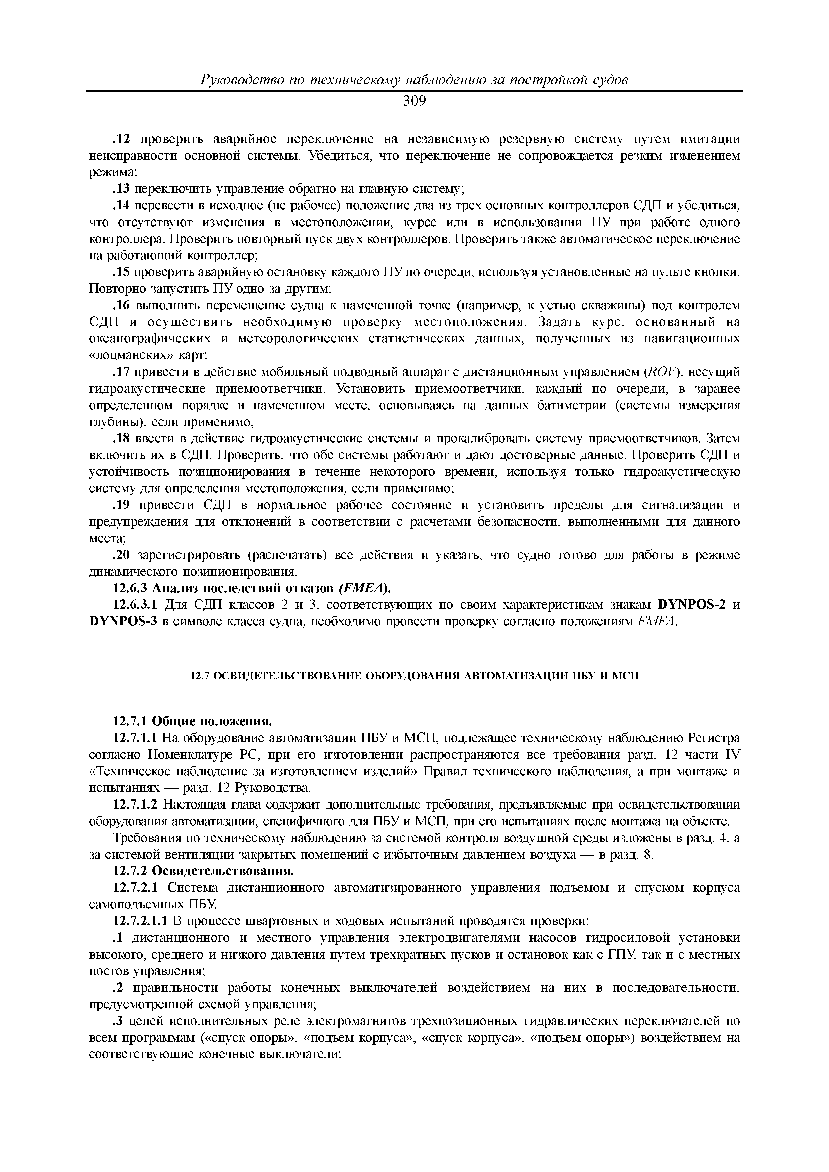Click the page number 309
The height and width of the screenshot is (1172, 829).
414,101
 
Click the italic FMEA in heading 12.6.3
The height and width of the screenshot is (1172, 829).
364,589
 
